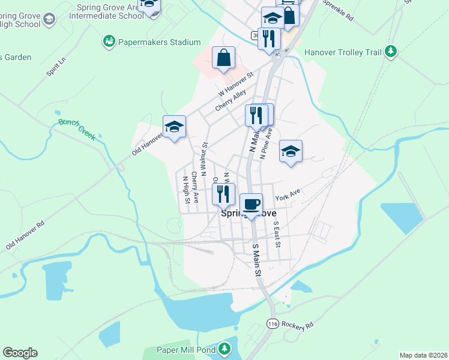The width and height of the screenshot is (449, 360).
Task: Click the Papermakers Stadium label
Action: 159,42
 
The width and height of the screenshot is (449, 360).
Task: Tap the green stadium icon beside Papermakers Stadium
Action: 109,41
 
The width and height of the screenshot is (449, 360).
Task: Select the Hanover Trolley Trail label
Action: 343,52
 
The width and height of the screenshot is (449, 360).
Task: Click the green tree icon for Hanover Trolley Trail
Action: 391,52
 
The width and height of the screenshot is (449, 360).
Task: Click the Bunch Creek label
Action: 77,130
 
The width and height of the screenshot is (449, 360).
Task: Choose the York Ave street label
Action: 287,196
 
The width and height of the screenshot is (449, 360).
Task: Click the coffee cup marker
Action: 251,204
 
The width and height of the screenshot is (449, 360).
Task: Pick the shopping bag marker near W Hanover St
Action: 223,58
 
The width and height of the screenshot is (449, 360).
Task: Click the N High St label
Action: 186,189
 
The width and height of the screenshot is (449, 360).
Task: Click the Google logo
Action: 20,353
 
